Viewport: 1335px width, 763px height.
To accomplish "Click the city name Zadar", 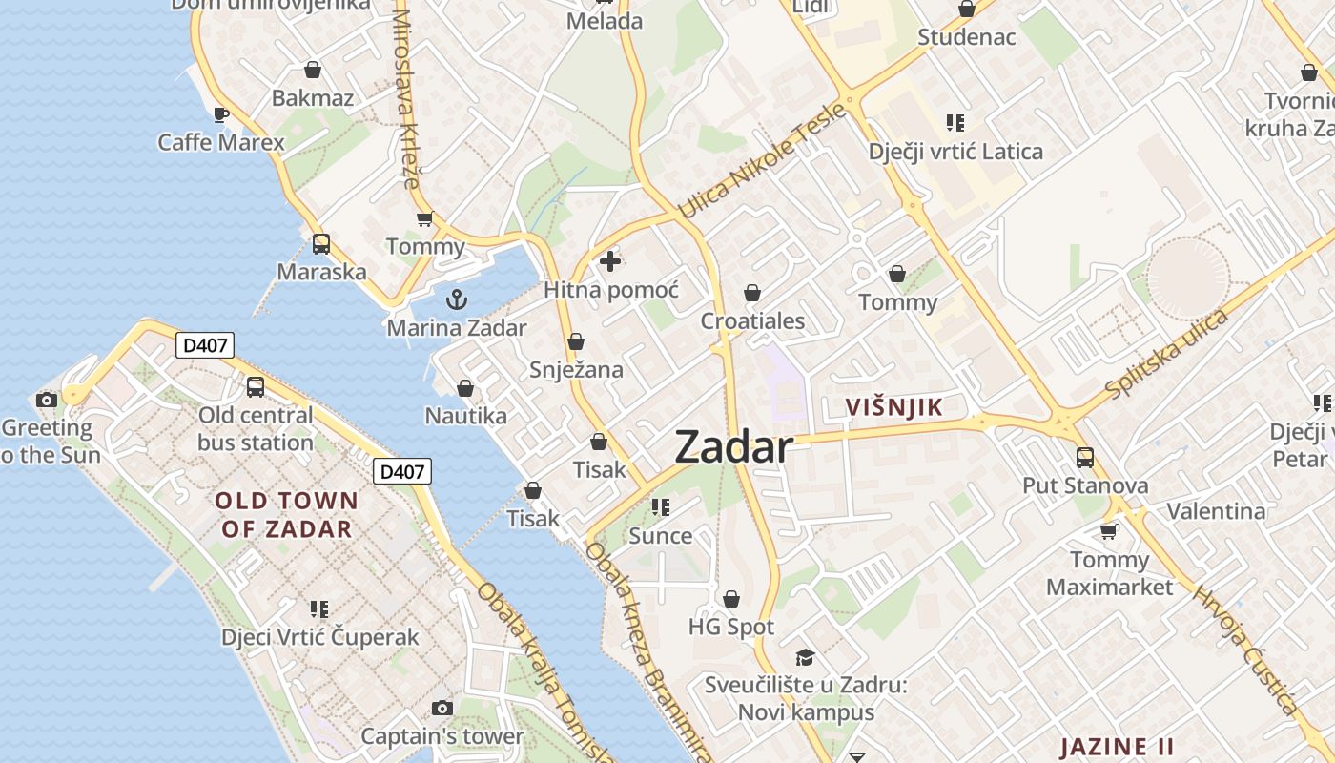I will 733,447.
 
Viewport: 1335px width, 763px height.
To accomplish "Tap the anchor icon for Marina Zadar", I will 457,299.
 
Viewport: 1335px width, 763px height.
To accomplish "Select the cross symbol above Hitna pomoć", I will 610,260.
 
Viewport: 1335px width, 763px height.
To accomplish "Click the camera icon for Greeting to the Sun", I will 46,400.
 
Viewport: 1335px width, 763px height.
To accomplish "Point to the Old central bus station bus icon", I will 256,386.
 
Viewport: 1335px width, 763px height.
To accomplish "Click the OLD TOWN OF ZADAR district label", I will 286,514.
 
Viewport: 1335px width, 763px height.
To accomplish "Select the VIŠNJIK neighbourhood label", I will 894,407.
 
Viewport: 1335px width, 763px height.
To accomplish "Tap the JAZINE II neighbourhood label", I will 1117,746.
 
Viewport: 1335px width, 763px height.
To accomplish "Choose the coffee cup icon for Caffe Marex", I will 221,115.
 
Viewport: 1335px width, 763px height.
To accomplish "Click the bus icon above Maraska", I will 321,243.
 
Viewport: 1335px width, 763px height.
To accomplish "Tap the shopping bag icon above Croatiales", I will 752,293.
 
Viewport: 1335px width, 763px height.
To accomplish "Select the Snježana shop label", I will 576,369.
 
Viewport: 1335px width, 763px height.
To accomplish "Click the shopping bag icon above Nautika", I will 465,388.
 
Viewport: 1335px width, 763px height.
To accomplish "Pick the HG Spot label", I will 731,627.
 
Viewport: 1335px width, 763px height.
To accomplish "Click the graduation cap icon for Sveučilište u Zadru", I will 806,657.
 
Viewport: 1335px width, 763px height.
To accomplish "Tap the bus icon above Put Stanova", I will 1085,457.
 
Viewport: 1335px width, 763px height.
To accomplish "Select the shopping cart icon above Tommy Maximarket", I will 1108,531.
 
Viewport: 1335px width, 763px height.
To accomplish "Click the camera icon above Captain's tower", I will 442,708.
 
